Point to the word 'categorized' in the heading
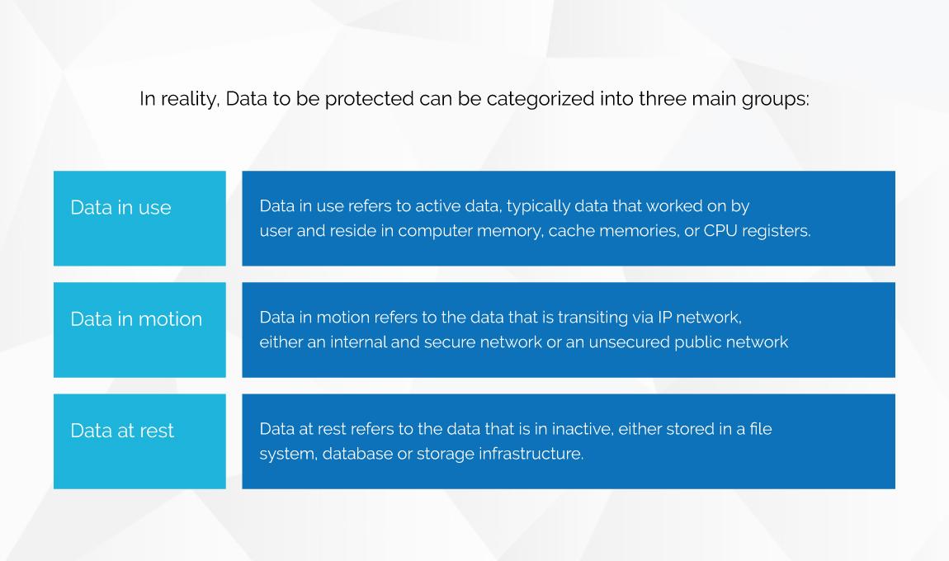click(541, 99)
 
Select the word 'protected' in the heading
click(369, 99)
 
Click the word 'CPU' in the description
click(720, 230)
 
